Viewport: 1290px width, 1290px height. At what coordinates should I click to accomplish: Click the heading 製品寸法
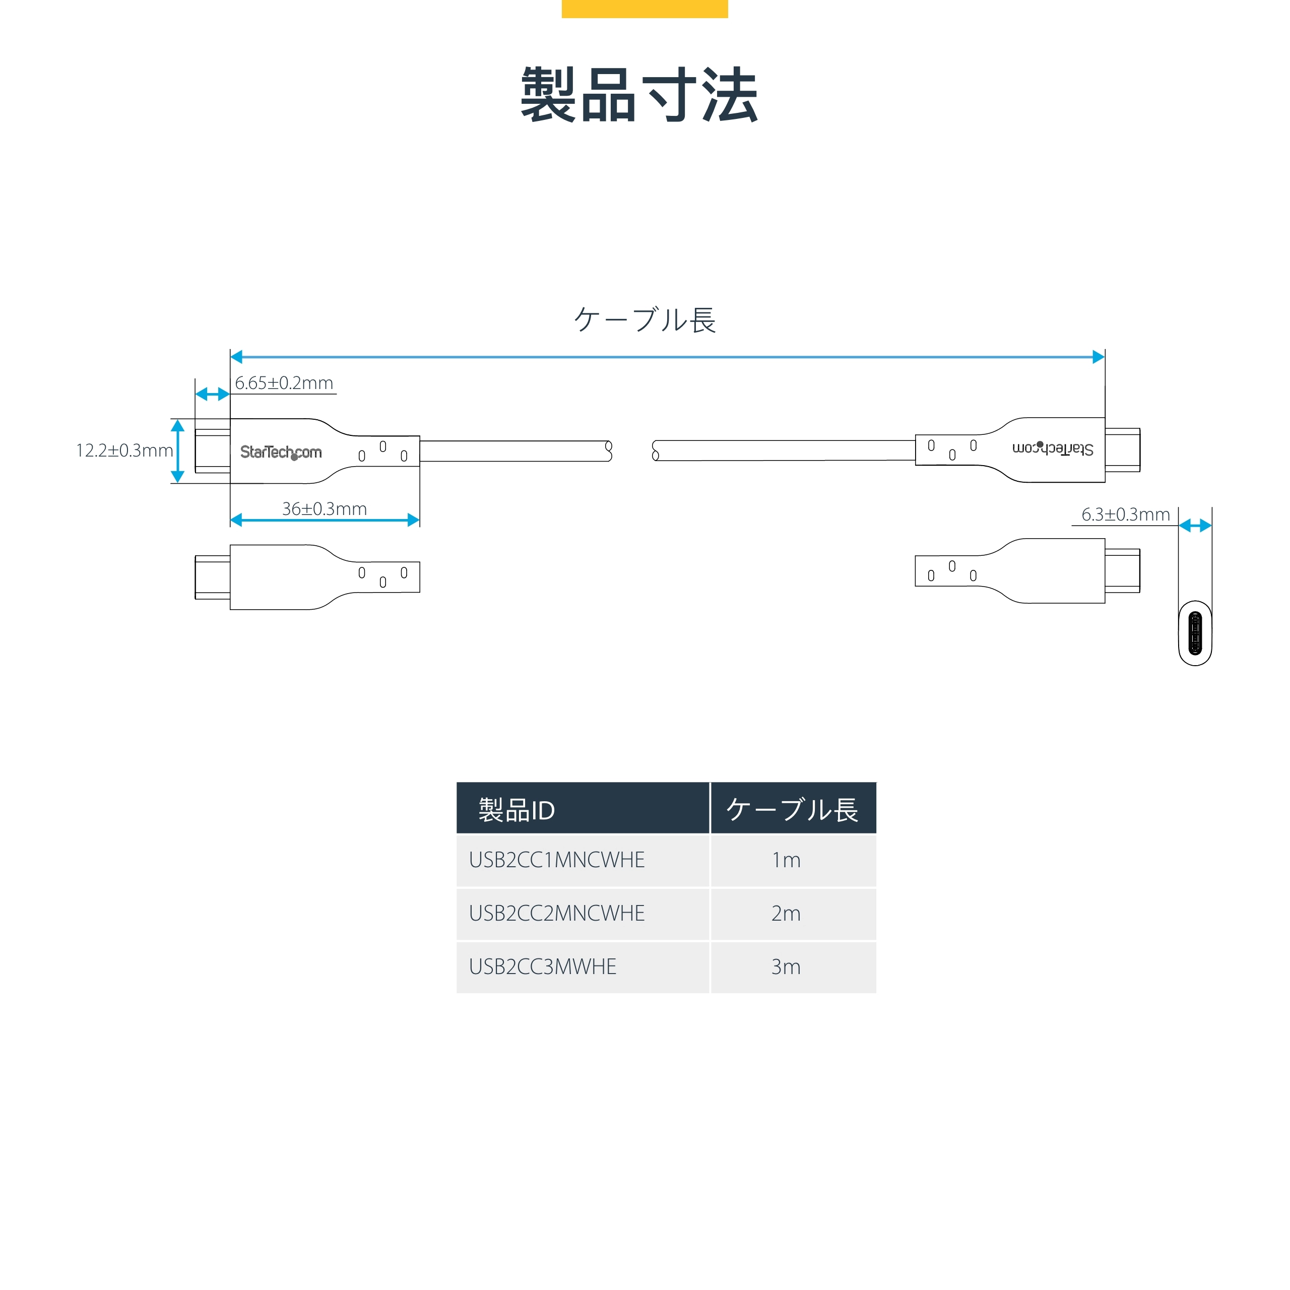[x=639, y=95]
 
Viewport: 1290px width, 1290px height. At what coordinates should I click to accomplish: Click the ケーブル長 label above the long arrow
[x=644, y=320]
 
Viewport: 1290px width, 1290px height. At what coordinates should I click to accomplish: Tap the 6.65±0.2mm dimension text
[x=284, y=383]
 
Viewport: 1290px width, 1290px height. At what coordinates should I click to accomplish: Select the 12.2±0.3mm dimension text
[x=124, y=450]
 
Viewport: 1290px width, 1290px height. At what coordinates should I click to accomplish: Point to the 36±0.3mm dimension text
[x=325, y=509]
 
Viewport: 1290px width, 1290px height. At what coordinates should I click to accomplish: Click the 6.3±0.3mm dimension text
[x=1125, y=515]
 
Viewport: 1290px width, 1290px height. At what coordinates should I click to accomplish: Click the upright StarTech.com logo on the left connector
[x=281, y=452]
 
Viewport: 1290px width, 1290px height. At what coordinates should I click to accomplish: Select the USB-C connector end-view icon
[x=1195, y=633]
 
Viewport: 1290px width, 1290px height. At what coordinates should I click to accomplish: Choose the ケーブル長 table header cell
[x=793, y=809]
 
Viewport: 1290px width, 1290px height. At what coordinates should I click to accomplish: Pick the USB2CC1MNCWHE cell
[x=557, y=860]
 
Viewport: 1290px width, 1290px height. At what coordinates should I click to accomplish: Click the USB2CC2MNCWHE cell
[x=557, y=914]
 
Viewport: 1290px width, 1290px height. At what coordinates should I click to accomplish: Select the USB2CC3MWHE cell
[x=543, y=967]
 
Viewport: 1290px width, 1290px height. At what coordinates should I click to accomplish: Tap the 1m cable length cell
[x=786, y=860]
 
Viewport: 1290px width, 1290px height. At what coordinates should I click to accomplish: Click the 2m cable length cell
[x=786, y=914]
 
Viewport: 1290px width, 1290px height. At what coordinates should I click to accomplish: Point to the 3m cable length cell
[x=786, y=967]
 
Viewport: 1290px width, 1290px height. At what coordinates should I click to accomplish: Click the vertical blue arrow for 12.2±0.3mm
[x=177, y=451]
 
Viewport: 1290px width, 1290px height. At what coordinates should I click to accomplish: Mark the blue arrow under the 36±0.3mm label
[x=325, y=520]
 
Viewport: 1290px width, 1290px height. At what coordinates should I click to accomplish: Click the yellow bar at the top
[x=644, y=9]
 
